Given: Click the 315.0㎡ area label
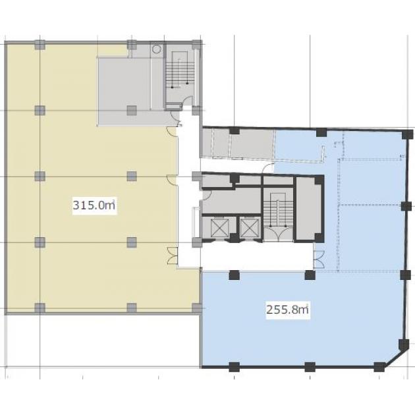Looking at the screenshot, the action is (x=94, y=205).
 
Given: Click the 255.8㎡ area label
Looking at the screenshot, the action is (x=288, y=310).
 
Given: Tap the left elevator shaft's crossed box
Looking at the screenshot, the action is (x=219, y=228).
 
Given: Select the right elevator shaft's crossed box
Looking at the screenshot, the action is (x=249, y=228).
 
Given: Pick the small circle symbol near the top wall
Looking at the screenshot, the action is (x=156, y=49).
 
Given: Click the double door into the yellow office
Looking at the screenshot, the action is (x=172, y=256).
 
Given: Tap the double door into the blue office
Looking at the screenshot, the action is (x=319, y=259).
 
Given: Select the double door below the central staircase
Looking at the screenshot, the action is (x=278, y=234).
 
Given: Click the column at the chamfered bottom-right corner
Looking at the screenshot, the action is (x=379, y=367).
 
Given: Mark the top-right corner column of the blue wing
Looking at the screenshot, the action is (x=407, y=134).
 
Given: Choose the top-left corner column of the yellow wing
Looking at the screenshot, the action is (x=40, y=45).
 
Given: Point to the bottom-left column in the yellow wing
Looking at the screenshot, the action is (x=40, y=308).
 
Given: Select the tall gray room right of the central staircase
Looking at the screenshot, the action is (x=308, y=209).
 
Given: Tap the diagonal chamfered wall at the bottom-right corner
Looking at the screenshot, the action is (x=394, y=358).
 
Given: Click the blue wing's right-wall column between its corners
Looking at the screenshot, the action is (x=406, y=206).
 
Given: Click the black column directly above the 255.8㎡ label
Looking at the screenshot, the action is (x=310, y=275).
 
